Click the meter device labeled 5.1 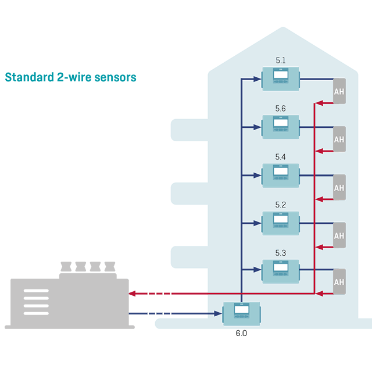tap(280, 78)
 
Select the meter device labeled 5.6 tap(280, 127)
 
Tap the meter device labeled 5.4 tap(280, 175)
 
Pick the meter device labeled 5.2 tap(280, 223)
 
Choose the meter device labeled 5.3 tap(280, 270)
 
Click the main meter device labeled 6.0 tap(242, 314)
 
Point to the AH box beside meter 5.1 tap(339, 92)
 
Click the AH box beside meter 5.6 tap(339, 140)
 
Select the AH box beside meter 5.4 tap(339, 188)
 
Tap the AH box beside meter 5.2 tap(339, 236)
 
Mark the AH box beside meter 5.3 tap(339, 282)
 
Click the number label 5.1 tap(281, 60)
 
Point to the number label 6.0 tap(242, 334)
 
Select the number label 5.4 tap(281, 157)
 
